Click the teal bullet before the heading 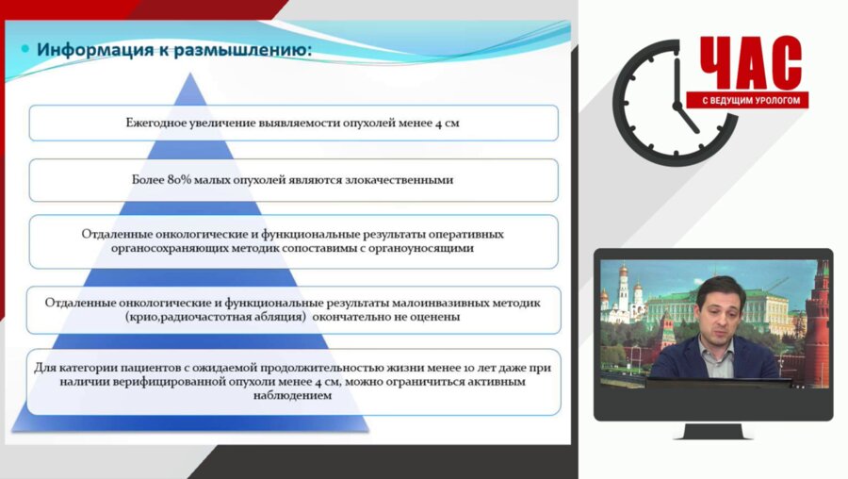[25, 48]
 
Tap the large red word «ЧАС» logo [751, 63]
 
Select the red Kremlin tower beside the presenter [817, 321]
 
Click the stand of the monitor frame [712, 430]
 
